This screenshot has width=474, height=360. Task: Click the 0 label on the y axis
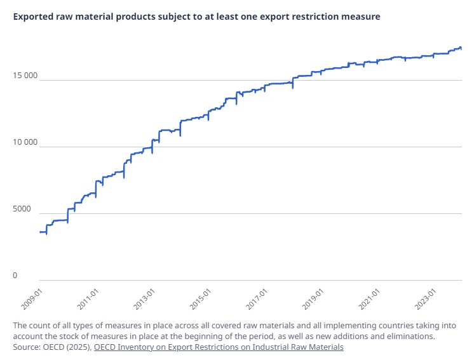click(x=16, y=276)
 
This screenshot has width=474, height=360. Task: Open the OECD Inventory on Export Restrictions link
click(x=219, y=347)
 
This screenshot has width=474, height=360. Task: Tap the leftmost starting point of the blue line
click(x=40, y=232)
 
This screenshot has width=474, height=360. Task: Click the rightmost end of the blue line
click(x=461, y=48)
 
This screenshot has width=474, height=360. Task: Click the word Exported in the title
click(x=34, y=17)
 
